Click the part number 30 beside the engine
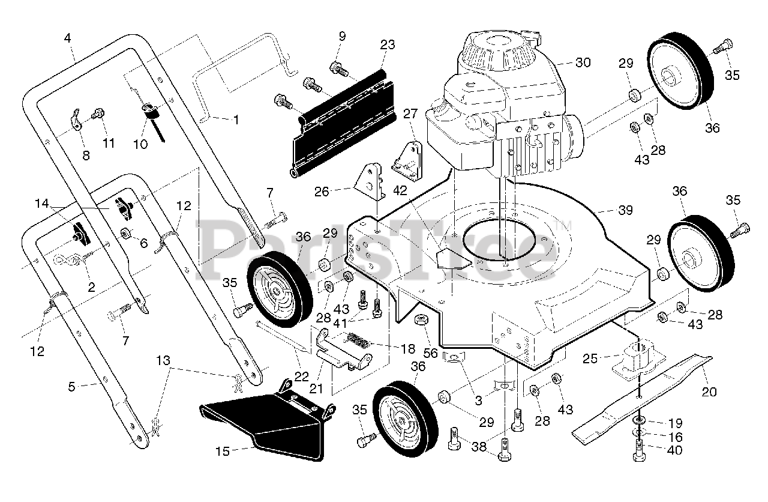coord(583,62)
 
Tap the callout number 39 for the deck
coord(625,210)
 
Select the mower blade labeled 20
coord(642,396)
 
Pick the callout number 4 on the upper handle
coord(67,37)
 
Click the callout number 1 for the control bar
coord(235,120)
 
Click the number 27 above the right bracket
coord(410,114)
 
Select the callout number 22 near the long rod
coord(302,376)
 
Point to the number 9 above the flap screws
coord(341,37)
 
